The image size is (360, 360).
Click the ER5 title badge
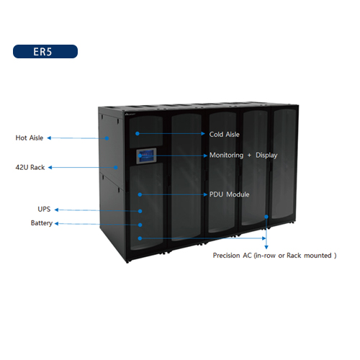(x=45, y=51)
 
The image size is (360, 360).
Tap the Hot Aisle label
(x=30, y=138)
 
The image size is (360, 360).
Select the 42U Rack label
(x=30, y=167)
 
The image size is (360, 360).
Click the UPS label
(x=44, y=209)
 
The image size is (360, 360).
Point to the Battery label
(x=42, y=223)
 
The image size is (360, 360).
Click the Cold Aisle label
(x=225, y=135)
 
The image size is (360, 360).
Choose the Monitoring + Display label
(x=243, y=156)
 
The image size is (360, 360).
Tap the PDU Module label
(x=230, y=194)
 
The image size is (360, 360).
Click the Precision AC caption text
(x=274, y=256)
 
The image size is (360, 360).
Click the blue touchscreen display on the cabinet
(x=146, y=156)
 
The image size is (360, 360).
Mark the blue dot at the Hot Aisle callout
(x=107, y=138)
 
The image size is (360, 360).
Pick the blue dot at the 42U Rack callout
(x=116, y=168)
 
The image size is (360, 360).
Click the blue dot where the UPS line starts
(x=140, y=211)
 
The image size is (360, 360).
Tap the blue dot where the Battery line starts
(x=140, y=225)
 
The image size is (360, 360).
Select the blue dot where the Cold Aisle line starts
(x=138, y=133)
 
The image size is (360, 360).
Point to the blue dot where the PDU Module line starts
(x=140, y=194)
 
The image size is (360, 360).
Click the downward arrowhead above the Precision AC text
(x=266, y=247)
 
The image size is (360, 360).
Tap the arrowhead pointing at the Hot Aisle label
(x=49, y=138)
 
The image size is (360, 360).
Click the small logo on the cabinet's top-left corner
(x=130, y=114)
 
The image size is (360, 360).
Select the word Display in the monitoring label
(x=266, y=156)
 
